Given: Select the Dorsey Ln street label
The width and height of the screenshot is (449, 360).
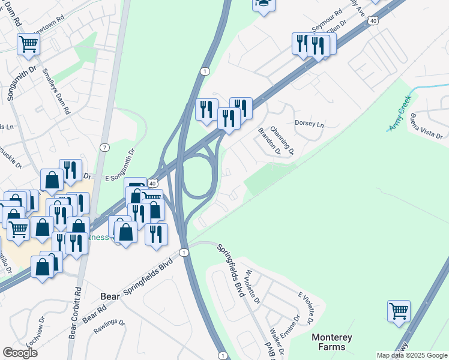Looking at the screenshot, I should click(x=309, y=124).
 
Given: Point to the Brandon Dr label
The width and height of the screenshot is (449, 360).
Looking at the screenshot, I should click(x=270, y=141).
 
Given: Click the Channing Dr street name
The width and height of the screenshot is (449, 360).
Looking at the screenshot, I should click(x=282, y=139).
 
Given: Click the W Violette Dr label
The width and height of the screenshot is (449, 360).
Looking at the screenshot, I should click(x=252, y=287).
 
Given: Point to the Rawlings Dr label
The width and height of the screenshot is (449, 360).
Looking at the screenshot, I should click(x=109, y=326).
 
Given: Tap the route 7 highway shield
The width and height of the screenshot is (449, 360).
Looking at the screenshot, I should click(x=105, y=148).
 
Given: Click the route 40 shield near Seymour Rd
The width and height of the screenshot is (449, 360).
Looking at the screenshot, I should click(x=373, y=21).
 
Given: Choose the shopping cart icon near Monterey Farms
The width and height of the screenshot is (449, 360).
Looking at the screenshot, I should click(x=399, y=311).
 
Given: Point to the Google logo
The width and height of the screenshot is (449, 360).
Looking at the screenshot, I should click(x=20, y=352).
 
